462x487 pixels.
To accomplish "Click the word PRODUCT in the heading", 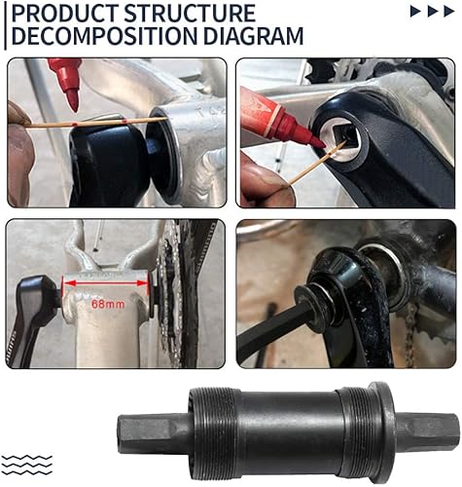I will click(61, 14).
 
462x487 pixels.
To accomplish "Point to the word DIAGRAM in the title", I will click(256, 36).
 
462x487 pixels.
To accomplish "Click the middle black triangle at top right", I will click(432, 12).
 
